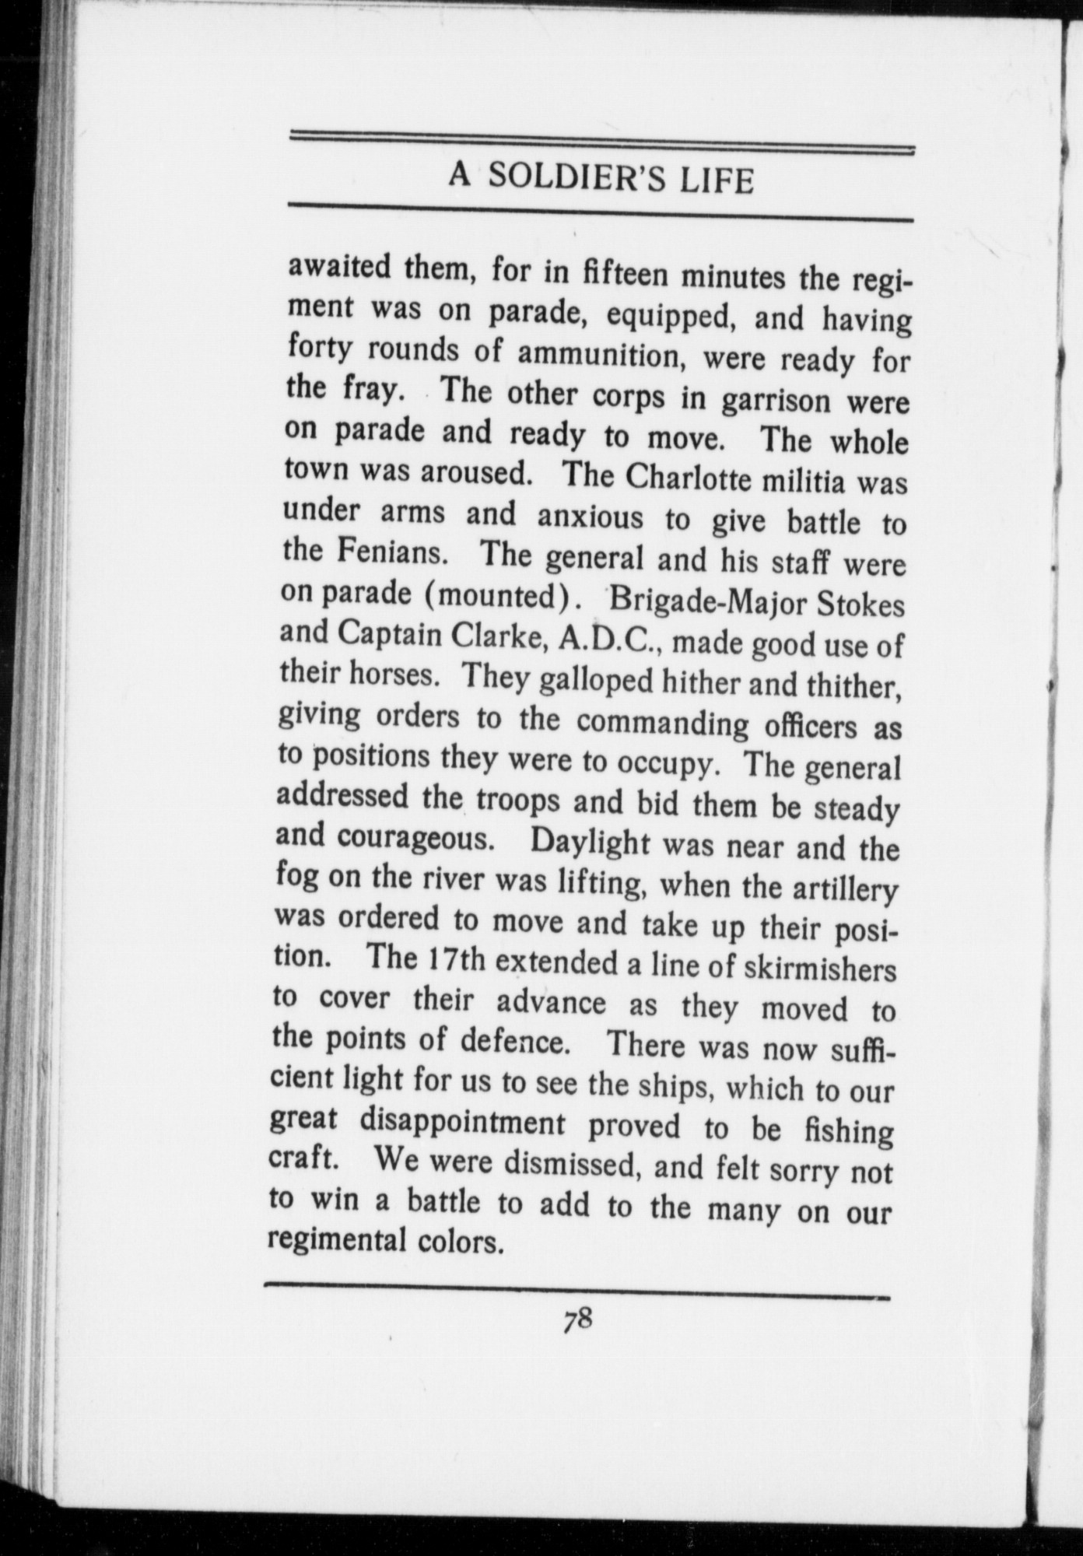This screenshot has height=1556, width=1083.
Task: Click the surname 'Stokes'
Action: (x=866, y=606)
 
